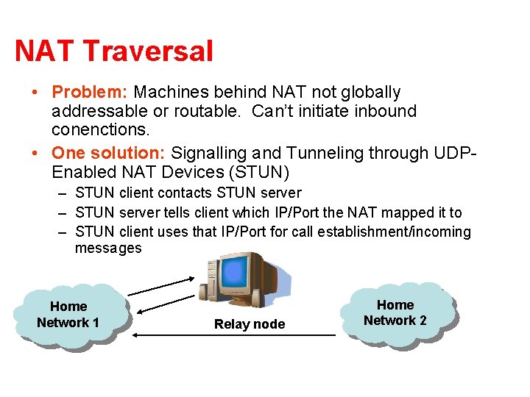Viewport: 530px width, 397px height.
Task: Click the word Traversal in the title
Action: (148, 51)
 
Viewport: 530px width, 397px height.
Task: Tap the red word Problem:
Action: (90, 93)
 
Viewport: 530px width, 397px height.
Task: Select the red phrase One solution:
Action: (109, 153)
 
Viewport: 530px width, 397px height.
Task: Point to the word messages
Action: (108, 248)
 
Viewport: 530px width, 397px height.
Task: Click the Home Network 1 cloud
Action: (68, 315)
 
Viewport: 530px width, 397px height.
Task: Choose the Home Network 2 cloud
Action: (395, 312)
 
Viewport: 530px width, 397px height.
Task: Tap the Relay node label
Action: (249, 324)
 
